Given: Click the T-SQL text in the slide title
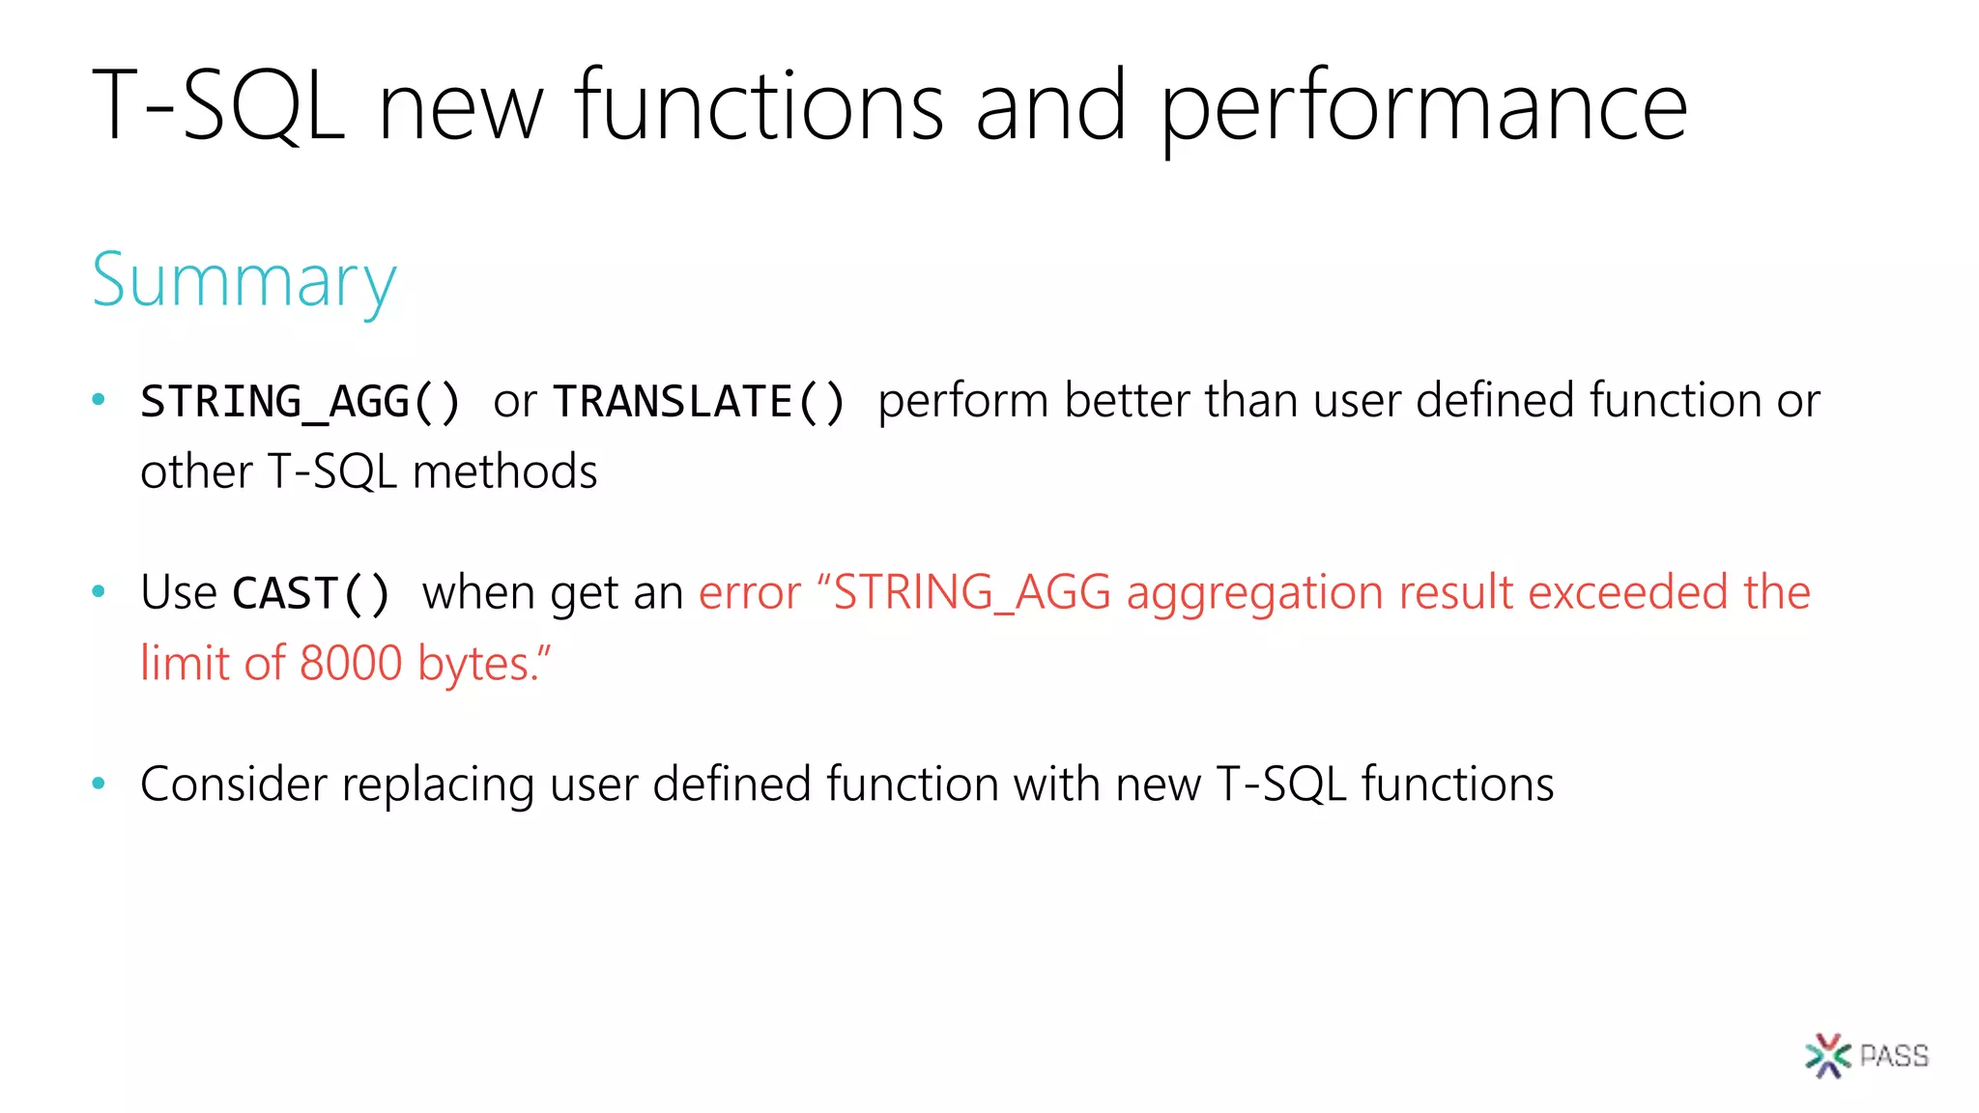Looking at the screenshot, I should (218, 106).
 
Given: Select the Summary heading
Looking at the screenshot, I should (244, 281).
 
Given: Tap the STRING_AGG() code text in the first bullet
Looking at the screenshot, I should (301, 402).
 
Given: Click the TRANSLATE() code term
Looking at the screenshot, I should (699, 402).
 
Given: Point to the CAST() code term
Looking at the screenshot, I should (311, 593).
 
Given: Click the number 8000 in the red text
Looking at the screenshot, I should (350, 664).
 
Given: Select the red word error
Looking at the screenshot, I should (750, 593).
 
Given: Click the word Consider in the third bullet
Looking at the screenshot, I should (233, 784).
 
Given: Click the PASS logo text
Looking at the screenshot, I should (1894, 1056).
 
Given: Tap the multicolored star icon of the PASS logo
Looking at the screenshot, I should (1826, 1056).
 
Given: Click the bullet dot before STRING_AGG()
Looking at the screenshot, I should (98, 399).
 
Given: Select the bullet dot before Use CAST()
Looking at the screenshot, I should (98, 591).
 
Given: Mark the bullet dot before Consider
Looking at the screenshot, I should (98, 783).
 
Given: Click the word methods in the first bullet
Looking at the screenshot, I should (504, 472).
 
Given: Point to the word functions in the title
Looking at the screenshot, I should (759, 106).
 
